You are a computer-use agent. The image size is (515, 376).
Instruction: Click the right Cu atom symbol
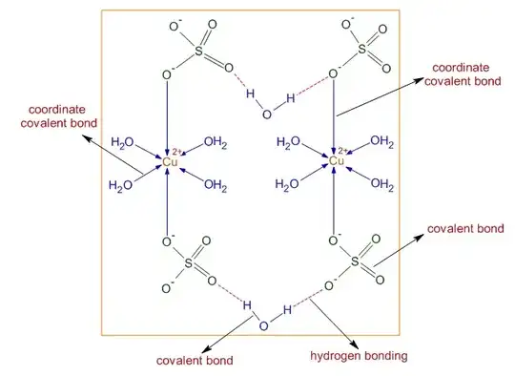pyautogui.click(x=336, y=162)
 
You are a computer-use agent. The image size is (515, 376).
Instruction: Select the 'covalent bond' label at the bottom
pyautogui.click(x=195, y=361)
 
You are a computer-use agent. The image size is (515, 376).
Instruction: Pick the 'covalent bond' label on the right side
pyautogui.click(x=460, y=229)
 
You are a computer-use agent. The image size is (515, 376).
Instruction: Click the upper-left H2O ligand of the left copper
pyautogui.click(x=123, y=142)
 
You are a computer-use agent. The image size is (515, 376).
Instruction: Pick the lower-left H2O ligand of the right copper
pyautogui.click(x=289, y=185)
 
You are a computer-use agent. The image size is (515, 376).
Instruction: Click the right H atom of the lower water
pyautogui.click(x=286, y=311)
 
